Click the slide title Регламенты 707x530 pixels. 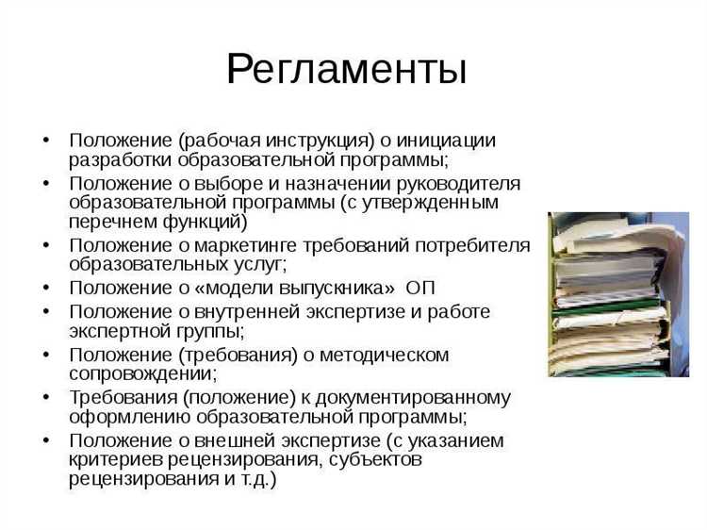coord(346,69)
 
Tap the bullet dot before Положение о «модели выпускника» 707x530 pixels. coord(46,287)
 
